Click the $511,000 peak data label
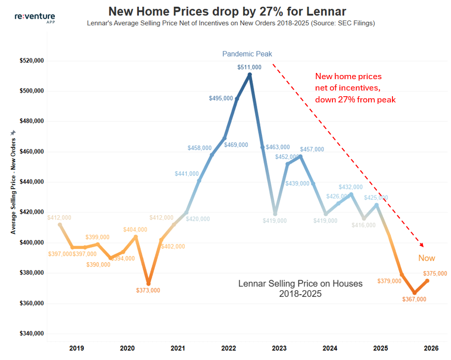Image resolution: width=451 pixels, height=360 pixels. pyautogui.click(x=250, y=67)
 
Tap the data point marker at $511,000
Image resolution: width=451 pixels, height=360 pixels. pyautogui.click(x=250, y=75)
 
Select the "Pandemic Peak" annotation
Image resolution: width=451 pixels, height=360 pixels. pyautogui.click(x=247, y=54)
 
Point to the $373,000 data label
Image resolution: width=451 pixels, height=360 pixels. pyautogui.click(x=148, y=290)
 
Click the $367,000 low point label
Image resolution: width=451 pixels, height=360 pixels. pyautogui.click(x=415, y=299)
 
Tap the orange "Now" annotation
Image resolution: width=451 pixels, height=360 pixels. pyautogui.click(x=427, y=258)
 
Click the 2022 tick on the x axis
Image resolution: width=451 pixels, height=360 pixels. pyautogui.click(x=229, y=348)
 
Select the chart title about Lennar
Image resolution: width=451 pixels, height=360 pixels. pyautogui.click(x=227, y=11)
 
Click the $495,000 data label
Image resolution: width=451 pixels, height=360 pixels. pyautogui.click(x=221, y=98)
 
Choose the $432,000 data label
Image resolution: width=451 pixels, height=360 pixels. pyautogui.click(x=351, y=187)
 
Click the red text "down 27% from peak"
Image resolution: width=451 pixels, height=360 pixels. pyautogui.click(x=355, y=99)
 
